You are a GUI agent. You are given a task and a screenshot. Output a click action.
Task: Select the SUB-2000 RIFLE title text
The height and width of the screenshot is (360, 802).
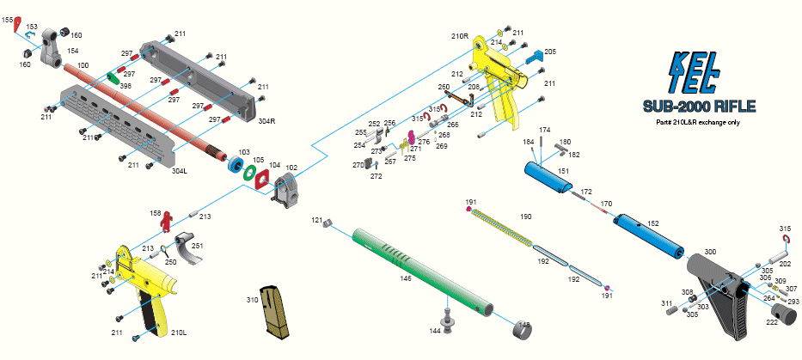point(698,107)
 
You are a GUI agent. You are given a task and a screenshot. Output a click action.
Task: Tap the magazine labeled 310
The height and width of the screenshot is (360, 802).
point(281,311)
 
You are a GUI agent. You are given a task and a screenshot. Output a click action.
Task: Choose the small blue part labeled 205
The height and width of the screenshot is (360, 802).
point(534,57)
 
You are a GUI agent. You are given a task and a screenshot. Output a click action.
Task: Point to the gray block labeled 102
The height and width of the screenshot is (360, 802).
point(286,188)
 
